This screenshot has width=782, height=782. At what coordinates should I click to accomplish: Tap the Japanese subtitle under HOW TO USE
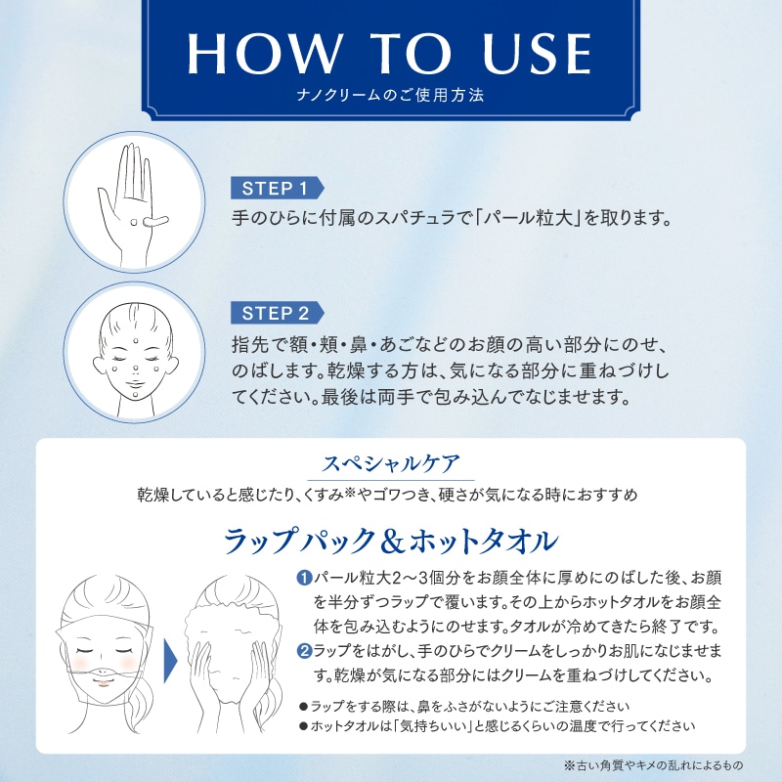[x=390, y=95]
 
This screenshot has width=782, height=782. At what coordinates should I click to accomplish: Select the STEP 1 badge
[x=277, y=188]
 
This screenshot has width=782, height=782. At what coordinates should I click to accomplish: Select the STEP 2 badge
[x=277, y=313]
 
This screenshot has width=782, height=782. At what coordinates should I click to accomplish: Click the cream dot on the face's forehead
[x=136, y=341]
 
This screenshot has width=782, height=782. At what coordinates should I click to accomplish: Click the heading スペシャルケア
[x=391, y=463]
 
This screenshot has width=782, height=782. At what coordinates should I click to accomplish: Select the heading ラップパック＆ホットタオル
[x=391, y=541]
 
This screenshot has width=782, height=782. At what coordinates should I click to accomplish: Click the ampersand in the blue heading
[x=393, y=543]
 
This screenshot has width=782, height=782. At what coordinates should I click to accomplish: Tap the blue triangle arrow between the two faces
[x=170, y=662]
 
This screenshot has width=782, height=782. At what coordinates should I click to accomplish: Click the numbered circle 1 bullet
[x=304, y=578]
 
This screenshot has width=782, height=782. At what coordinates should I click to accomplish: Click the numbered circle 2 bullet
[x=304, y=651]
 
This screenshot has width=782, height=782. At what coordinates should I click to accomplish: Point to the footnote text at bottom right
[x=654, y=765]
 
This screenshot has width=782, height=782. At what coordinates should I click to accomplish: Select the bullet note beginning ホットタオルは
[x=497, y=725]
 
